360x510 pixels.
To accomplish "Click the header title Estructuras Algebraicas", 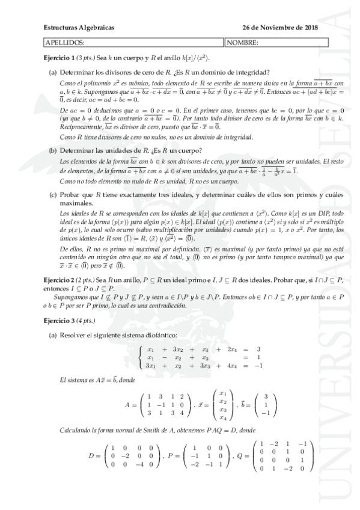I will pyautogui.click(x=79, y=28).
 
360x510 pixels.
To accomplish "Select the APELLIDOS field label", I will pyautogui.click(x=65, y=43).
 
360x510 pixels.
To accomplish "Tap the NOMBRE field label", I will pyautogui.click(x=243, y=43).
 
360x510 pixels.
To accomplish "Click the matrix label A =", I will pyautogui.click(x=130, y=404).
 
